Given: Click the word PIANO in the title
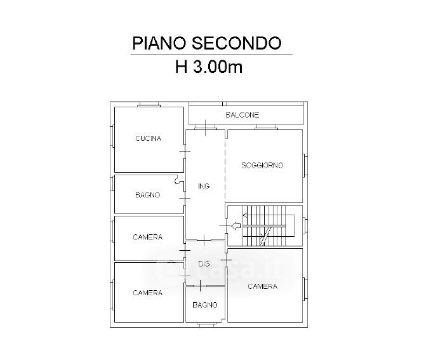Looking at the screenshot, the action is (x=159, y=43).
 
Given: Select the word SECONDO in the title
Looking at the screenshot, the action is (x=236, y=43).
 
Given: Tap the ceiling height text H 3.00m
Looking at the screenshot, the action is (x=209, y=67).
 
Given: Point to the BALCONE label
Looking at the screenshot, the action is (x=242, y=115).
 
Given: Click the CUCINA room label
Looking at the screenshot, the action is (x=149, y=138).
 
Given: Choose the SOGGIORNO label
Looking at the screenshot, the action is (x=262, y=165).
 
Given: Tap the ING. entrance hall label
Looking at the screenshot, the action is (x=204, y=186).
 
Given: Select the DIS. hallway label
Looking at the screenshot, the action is (x=204, y=264).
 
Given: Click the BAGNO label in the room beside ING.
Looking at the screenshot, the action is (x=148, y=195).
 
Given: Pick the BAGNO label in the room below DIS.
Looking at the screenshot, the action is (x=205, y=305).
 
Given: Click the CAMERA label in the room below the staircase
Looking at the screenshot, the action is (x=263, y=286).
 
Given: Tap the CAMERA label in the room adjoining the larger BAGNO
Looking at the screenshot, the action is (x=148, y=237).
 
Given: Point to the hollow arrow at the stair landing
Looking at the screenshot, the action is (x=236, y=225).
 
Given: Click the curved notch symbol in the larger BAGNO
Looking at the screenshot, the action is (x=177, y=180).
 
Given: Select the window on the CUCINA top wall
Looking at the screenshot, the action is (x=149, y=105).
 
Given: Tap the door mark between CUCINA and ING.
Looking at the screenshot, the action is (x=185, y=151).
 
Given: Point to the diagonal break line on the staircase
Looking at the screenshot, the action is (x=266, y=236).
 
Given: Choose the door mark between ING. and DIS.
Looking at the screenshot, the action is (x=204, y=240).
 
